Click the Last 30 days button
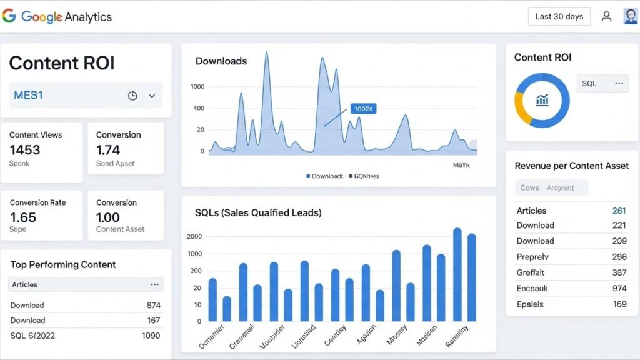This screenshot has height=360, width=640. [x=559, y=17]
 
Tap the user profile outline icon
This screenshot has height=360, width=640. [x=606, y=17]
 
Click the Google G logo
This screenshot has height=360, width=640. [x=9, y=16]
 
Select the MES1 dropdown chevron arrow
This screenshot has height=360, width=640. [x=152, y=96]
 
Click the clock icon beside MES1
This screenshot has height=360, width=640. [x=132, y=96]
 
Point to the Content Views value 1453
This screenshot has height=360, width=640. [x=25, y=150]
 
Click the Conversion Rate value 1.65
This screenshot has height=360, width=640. [x=23, y=217]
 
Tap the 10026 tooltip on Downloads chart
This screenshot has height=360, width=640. [x=363, y=109]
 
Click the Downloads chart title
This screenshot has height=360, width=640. [x=221, y=61]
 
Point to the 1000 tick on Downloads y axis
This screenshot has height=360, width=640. [x=197, y=87]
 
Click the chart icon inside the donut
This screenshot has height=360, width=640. [x=542, y=100]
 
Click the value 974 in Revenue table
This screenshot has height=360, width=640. [x=619, y=288]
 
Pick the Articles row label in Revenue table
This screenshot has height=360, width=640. [x=531, y=211]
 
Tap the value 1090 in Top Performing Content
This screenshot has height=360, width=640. [x=150, y=336]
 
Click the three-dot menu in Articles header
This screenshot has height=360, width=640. [x=154, y=284]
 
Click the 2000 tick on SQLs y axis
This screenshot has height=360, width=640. [x=194, y=236]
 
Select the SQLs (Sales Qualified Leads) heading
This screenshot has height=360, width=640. [x=258, y=213]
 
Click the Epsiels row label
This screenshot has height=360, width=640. [x=530, y=304]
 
